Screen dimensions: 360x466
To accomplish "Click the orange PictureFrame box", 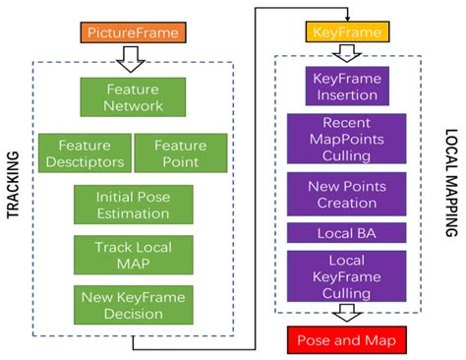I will click(134, 32).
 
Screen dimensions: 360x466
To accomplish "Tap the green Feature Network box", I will click(134, 98).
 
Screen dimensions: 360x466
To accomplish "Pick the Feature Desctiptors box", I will click(84, 152).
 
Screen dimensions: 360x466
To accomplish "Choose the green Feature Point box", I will click(177, 152).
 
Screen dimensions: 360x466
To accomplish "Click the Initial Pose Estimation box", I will click(134, 204).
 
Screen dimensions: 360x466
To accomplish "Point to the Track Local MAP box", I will click(134, 254).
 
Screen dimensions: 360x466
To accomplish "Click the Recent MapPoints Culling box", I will click(345, 139).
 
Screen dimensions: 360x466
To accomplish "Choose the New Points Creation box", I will click(345, 194).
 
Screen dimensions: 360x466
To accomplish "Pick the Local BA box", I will click(345, 233).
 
